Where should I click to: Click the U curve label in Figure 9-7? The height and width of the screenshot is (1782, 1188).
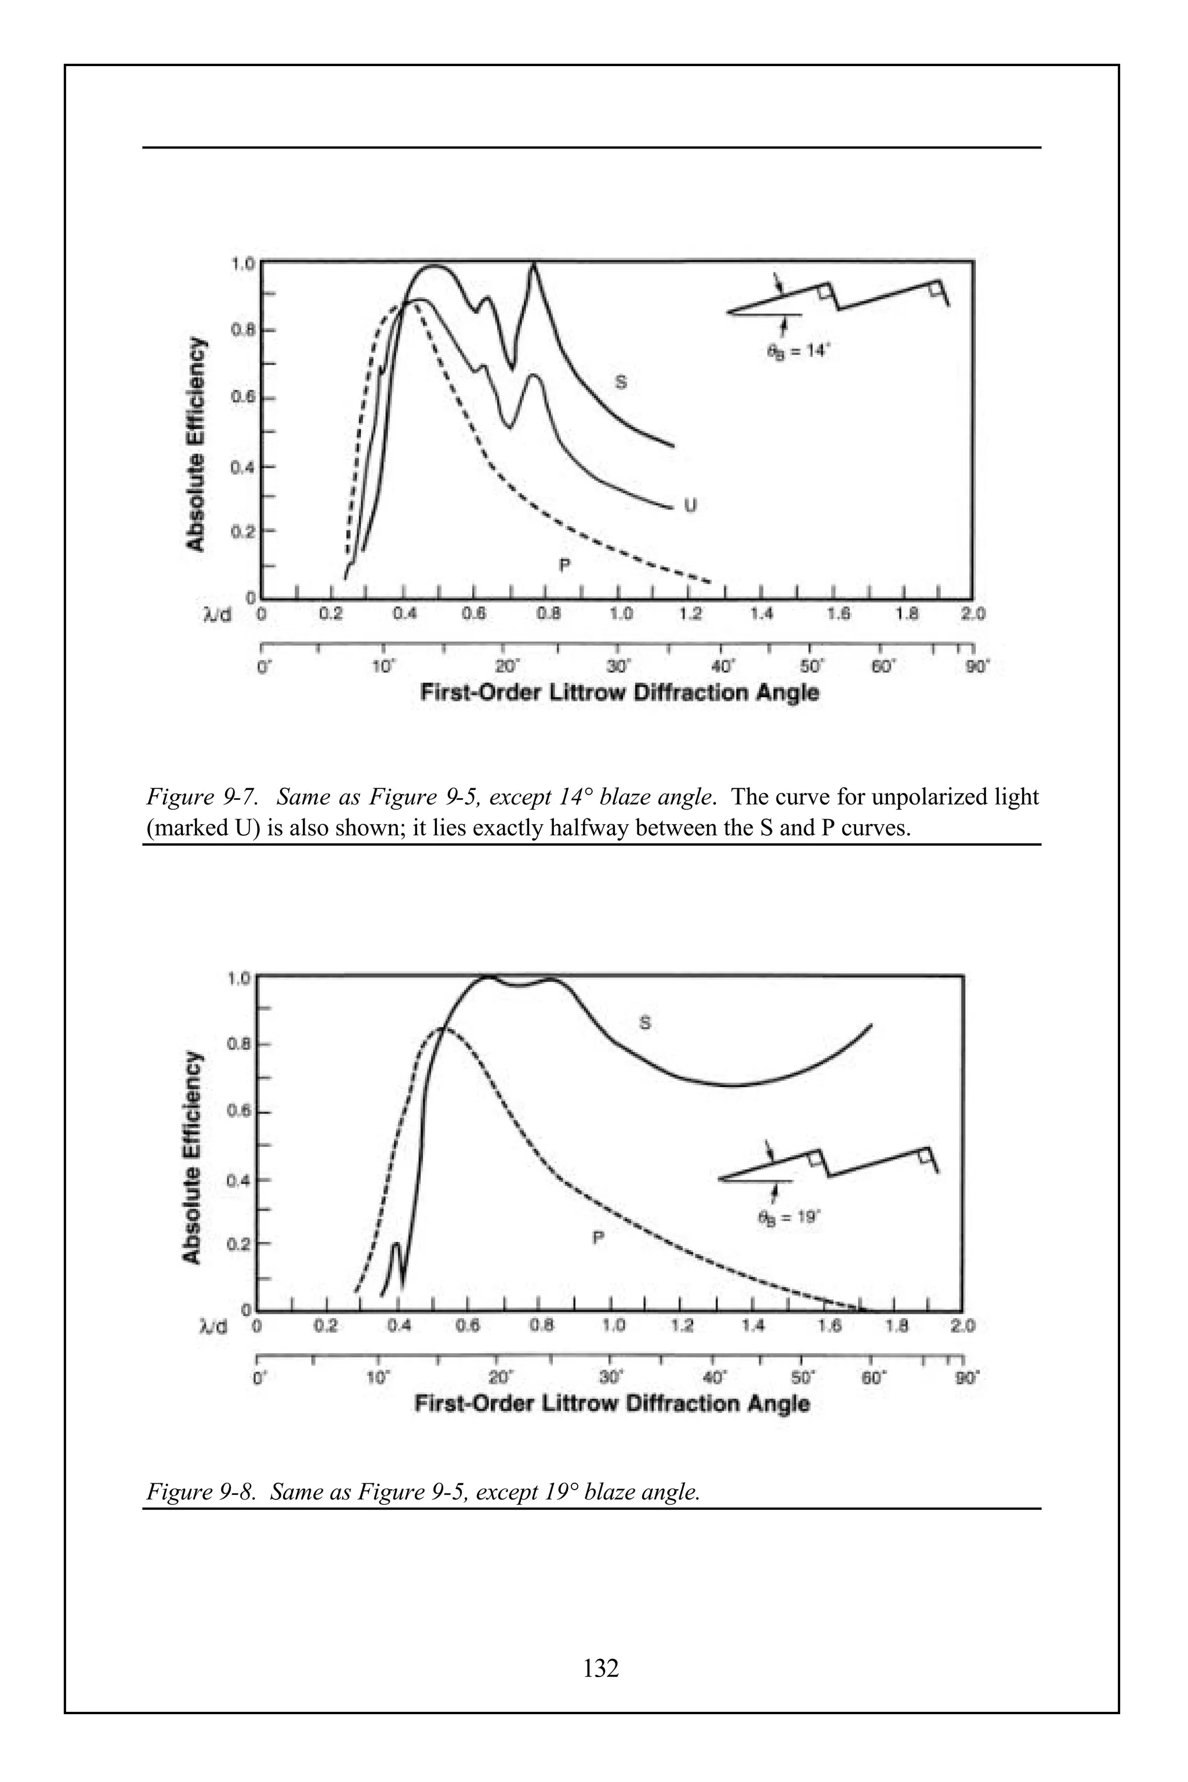[x=690, y=505]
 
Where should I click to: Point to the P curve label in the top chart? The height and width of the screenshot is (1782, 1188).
[x=564, y=564]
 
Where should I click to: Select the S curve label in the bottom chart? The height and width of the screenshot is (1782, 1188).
[x=645, y=1023]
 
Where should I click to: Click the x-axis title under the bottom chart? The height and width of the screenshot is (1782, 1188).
[x=612, y=1404]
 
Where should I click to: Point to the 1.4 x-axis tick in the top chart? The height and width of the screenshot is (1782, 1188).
[x=762, y=614]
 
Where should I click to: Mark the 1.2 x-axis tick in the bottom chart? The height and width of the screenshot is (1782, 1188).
[x=683, y=1326]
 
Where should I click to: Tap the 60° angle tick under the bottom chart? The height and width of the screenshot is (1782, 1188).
[x=871, y=1375]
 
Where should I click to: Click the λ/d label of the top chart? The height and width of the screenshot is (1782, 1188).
[x=218, y=614]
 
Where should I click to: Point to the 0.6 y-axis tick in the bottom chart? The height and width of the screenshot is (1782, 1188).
[x=237, y=1112]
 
